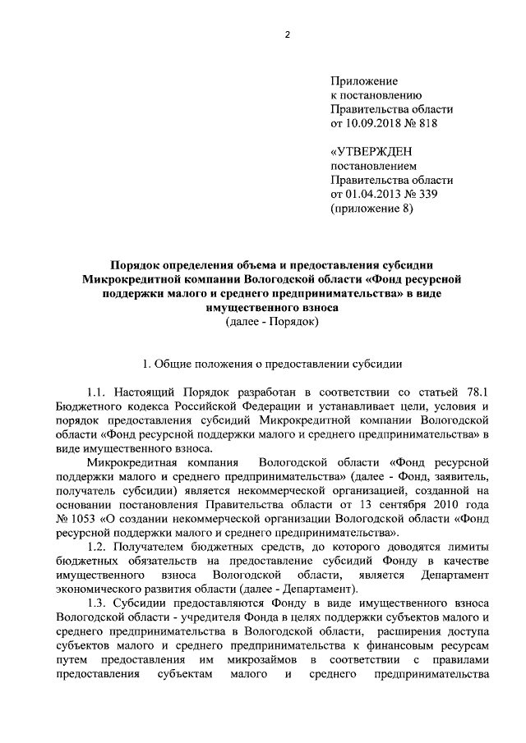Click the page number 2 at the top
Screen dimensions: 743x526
[x=287, y=34]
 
